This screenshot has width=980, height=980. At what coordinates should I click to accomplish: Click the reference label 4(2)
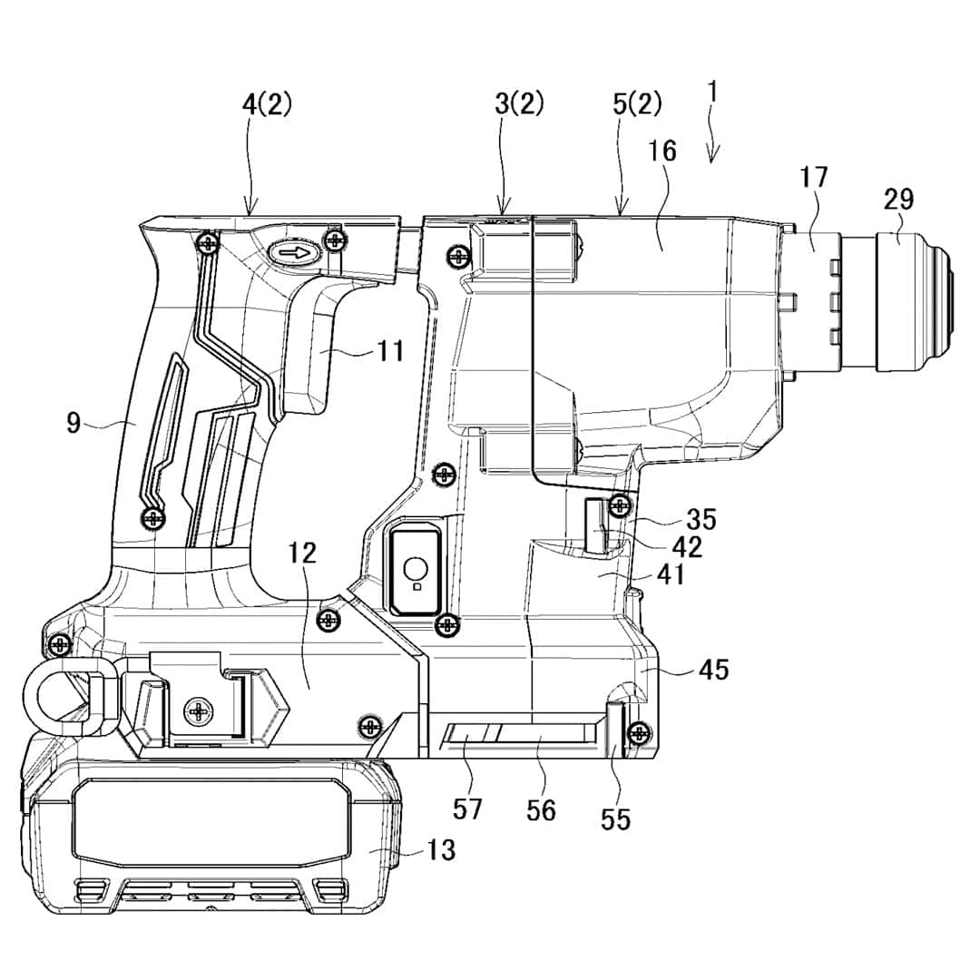267,104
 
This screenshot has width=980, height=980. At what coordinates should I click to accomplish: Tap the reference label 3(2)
520,104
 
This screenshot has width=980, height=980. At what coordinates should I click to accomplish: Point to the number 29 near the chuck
898,200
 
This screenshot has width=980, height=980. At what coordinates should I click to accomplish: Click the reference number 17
814,177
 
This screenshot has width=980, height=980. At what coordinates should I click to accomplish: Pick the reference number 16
662,151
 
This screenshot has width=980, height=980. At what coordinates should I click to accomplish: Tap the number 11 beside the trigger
391,350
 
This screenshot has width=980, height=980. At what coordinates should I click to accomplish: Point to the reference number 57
468,808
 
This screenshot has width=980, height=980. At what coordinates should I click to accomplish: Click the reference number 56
541,809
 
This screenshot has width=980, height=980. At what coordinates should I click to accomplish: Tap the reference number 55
615,819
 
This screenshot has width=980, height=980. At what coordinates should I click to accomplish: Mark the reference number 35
701,520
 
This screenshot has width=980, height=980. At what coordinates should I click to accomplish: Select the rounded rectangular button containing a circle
415,571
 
